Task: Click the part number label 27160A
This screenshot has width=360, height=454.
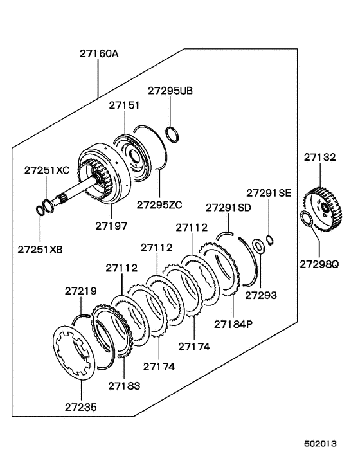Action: (98, 55)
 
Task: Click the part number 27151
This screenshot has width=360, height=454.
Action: (123, 105)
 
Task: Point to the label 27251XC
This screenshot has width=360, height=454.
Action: (46, 170)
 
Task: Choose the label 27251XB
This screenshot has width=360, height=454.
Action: (40, 248)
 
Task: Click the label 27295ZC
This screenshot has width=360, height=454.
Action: (159, 205)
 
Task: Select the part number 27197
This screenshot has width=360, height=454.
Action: (112, 226)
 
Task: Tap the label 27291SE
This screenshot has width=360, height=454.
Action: (268, 192)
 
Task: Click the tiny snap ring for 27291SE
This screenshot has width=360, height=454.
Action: (271, 241)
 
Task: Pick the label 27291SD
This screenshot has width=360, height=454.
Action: (228, 207)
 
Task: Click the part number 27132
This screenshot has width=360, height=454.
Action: (319, 156)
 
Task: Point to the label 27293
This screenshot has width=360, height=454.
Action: (261, 295)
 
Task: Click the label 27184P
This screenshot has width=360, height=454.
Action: (233, 323)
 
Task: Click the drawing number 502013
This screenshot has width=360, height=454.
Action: (320, 444)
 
